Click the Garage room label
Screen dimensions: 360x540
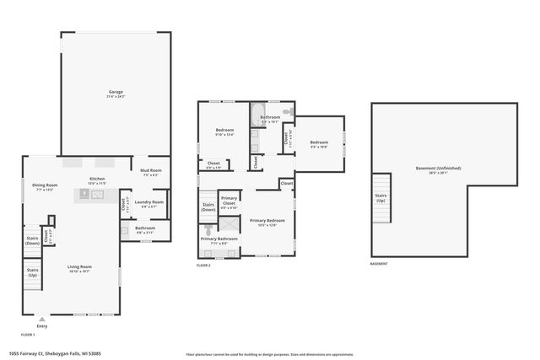116,93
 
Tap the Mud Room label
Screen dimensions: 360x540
151,172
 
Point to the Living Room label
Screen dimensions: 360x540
79,269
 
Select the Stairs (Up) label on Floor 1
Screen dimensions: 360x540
32,273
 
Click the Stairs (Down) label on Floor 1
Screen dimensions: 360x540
32,241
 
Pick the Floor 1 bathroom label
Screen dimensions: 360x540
145,228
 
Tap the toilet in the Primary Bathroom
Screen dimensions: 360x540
209,228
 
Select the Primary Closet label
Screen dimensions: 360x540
229,202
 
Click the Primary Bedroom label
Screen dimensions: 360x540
267,222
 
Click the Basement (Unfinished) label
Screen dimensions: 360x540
438,169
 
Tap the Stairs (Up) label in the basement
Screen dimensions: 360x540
381,197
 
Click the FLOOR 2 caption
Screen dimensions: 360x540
203,266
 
